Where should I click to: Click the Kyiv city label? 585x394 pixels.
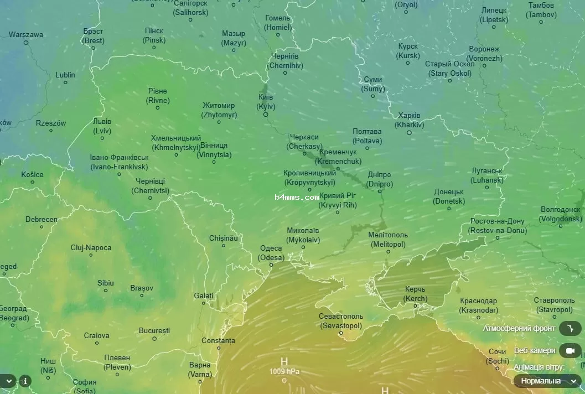[x=266, y=102]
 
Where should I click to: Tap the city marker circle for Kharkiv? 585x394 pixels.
[x=409, y=132]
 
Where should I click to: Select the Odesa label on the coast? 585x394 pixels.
[x=272, y=253]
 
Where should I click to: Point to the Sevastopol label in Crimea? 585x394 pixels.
[x=341, y=321]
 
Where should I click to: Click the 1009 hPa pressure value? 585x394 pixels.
[x=284, y=371]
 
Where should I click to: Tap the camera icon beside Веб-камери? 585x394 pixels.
[x=570, y=350]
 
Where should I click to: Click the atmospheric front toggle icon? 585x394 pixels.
[x=570, y=328]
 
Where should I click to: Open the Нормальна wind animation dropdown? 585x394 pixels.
[x=548, y=381]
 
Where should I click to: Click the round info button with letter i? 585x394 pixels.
[x=25, y=381]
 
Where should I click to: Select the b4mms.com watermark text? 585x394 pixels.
[x=297, y=196]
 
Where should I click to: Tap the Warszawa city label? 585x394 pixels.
[x=26, y=34]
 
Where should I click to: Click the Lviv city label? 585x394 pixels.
[x=102, y=126]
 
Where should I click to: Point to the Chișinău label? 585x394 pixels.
[x=223, y=238]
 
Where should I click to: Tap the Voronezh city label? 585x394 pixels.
[x=484, y=54]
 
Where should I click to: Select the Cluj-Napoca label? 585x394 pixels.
[x=91, y=248]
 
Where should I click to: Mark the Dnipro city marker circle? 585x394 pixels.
[x=380, y=191]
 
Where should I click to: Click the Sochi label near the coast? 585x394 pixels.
[x=498, y=356]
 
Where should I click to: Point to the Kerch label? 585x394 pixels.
[x=416, y=294]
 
